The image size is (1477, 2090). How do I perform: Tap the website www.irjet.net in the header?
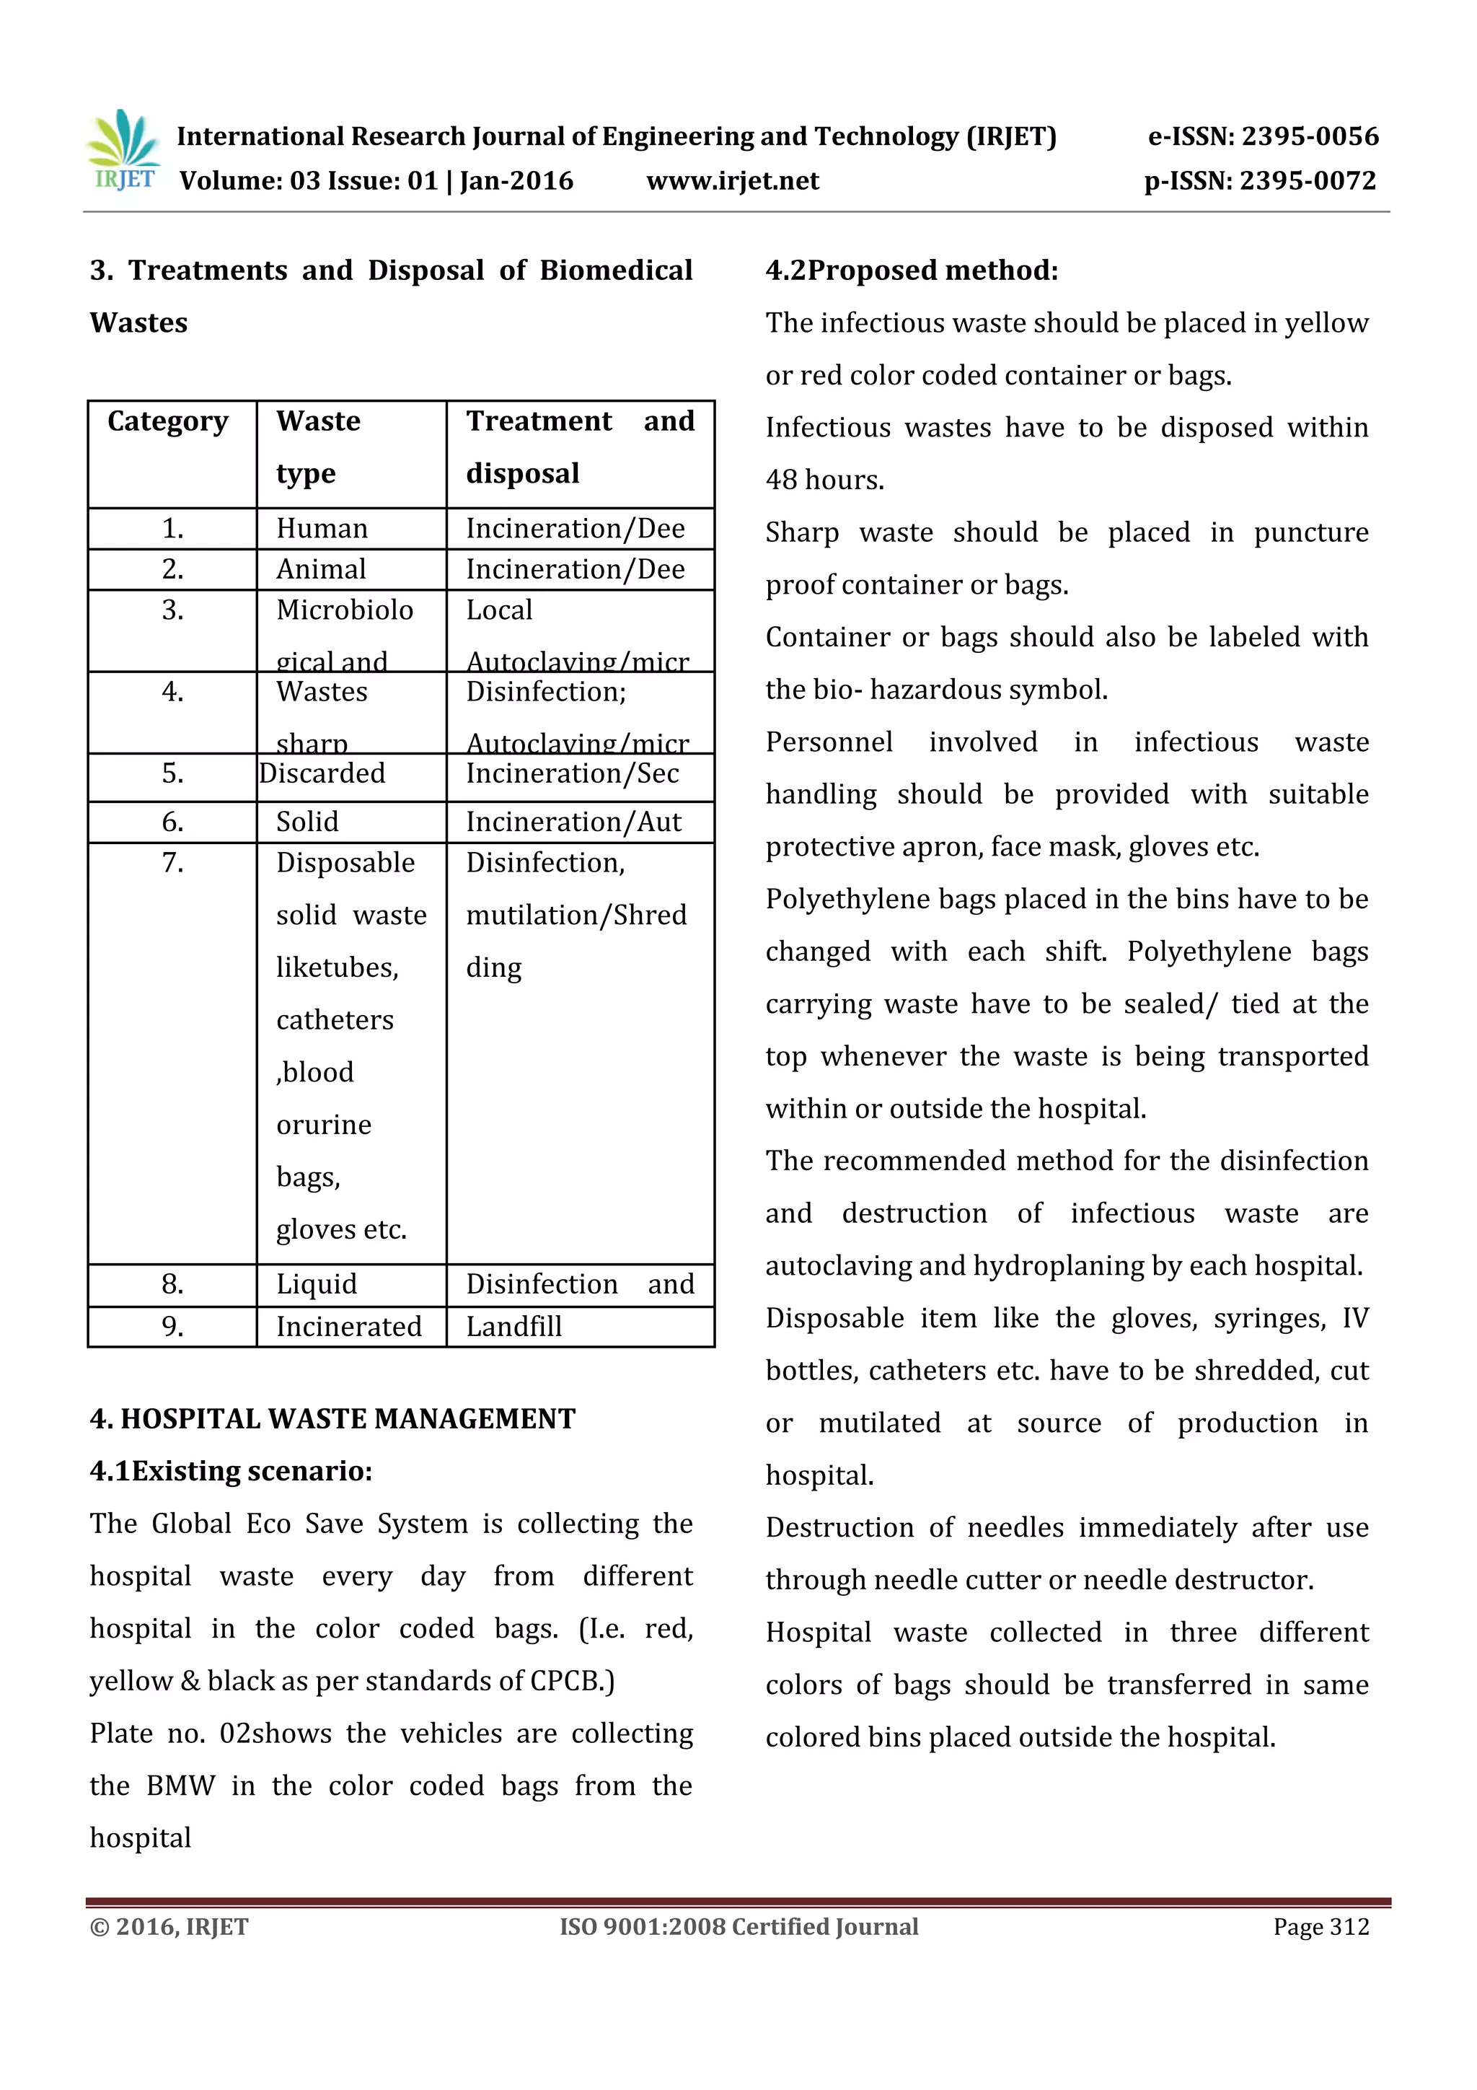click(x=732, y=181)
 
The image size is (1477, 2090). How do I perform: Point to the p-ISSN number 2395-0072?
click(x=1308, y=181)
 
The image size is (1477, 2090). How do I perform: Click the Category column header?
click(x=168, y=421)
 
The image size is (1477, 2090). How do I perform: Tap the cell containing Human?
click(x=322, y=529)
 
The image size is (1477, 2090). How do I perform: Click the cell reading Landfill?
click(x=514, y=1326)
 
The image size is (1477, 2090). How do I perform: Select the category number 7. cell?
click(x=173, y=862)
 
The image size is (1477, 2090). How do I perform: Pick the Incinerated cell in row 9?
click(x=348, y=1326)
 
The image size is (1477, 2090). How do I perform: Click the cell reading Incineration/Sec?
click(x=573, y=773)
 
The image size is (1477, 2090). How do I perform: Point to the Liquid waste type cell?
click(x=317, y=1284)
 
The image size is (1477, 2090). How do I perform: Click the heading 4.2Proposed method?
click(x=912, y=271)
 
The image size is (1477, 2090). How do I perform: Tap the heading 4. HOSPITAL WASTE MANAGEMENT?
click(x=332, y=1418)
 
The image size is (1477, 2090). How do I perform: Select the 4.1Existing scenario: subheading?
click(x=232, y=1471)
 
